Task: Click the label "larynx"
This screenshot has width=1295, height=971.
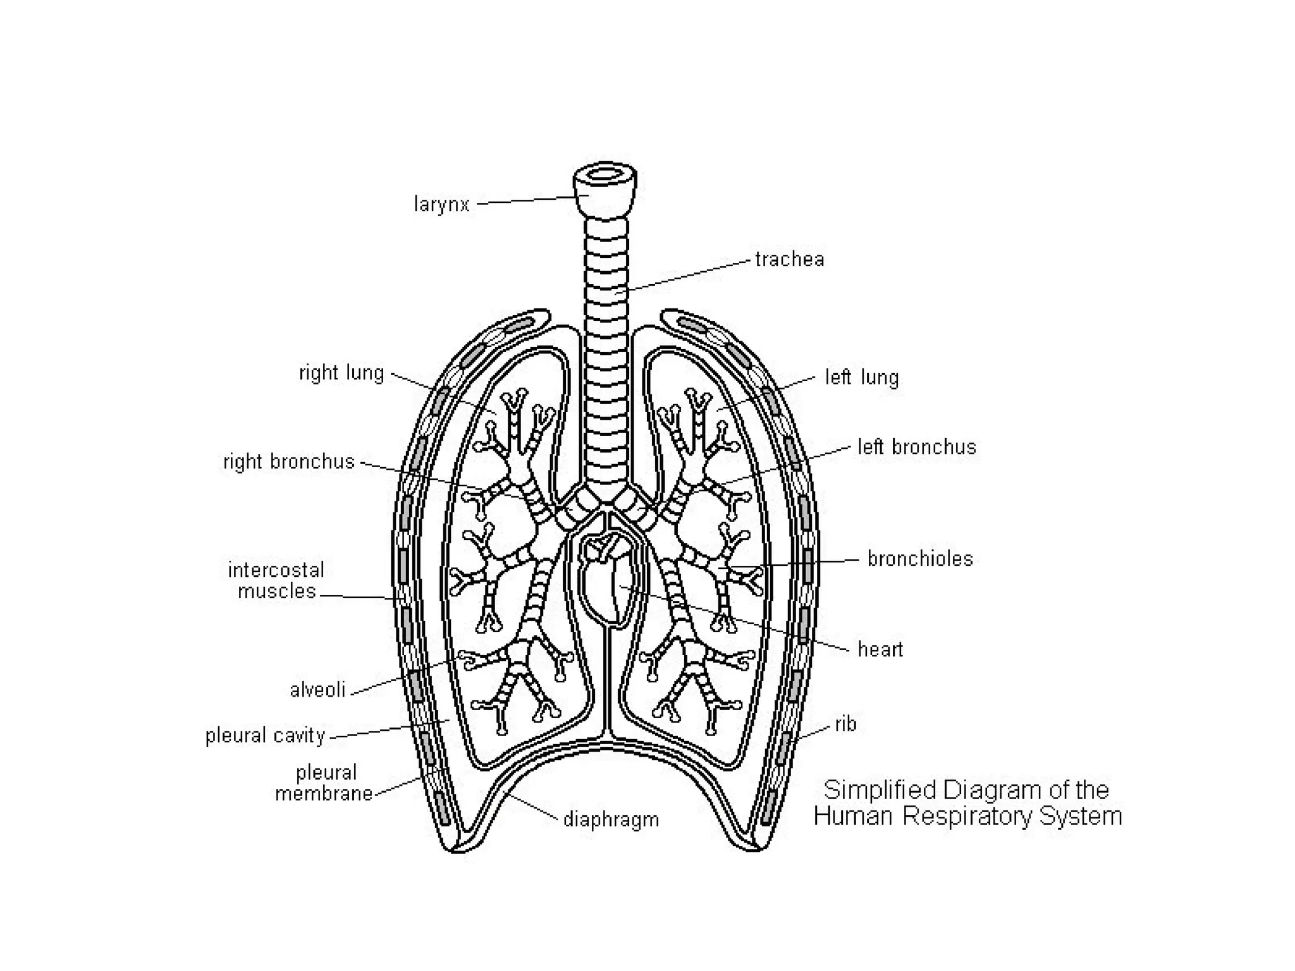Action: click(441, 205)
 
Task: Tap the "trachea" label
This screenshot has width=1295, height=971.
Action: click(790, 259)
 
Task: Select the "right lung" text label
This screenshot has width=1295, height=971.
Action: click(341, 373)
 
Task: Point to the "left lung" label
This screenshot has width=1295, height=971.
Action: click(862, 377)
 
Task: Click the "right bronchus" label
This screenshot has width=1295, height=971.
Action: click(289, 461)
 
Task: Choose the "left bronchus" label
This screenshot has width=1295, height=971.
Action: click(917, 447)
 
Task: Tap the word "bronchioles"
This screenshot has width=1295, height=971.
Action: click(920, 559)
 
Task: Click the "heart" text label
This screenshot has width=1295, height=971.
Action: click(880, 649)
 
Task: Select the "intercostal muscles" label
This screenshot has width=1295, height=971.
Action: click(276, 580)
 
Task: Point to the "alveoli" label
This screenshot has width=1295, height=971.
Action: click(317, 690)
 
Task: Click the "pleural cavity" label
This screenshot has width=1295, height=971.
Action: click(265, 736)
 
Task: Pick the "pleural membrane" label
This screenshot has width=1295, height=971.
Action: click(324, 783)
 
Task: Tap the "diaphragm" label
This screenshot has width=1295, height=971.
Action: click(611, 820)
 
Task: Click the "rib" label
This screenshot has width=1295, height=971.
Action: click(845, 724)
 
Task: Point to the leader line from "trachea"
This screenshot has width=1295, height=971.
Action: click(689, 275)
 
